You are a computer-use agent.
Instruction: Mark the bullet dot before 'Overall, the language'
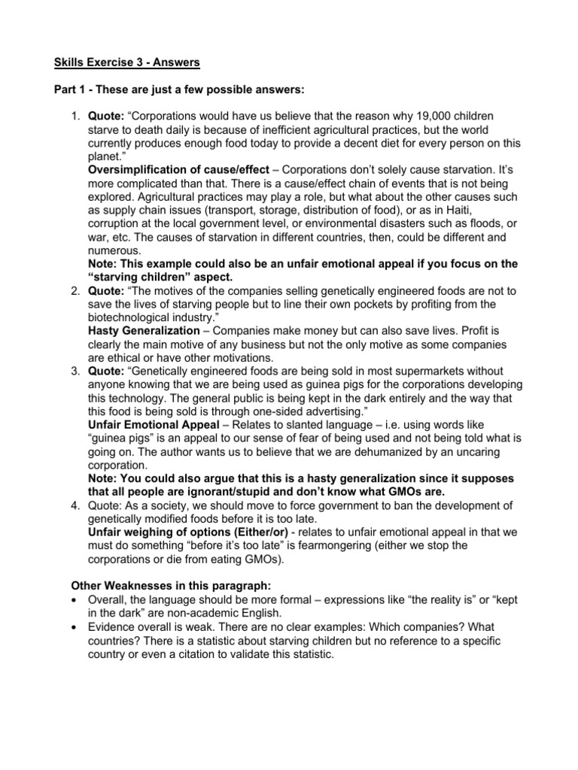(x=74, y=598)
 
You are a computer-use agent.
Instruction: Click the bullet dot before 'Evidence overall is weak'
(x=74, y=625)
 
